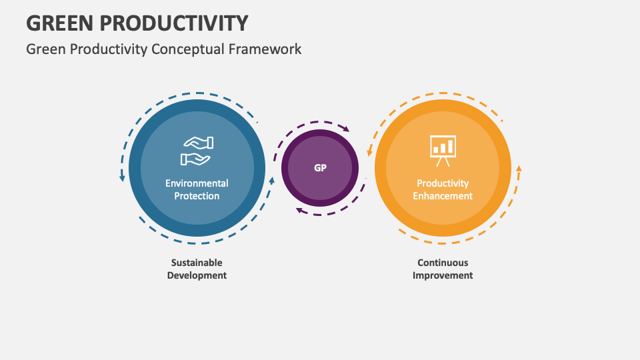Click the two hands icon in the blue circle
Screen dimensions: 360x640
(x=197, y=151)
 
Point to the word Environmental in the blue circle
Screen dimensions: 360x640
(x=197, y=183)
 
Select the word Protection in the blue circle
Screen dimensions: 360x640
(x=197, y=196)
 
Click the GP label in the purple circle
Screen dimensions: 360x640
(x=320, y=168)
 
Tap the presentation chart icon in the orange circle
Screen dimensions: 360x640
(x=443, y=151)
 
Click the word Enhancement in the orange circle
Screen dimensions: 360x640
(x=443, y=196)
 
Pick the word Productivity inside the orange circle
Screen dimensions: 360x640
(x=443, y=183)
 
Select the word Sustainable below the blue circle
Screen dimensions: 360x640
(x=197, y=263)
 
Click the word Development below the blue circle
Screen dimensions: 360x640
(x=197, y=275)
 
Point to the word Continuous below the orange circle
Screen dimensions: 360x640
(x=443, y=263)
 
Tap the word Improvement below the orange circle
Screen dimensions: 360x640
(x=443, y=275)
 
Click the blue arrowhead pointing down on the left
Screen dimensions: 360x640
(x=122, y=178)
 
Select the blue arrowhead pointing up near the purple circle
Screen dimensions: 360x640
(x=271, y=180)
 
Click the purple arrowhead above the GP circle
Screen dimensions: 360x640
(x=345, y=129)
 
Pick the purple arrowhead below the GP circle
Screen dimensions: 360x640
(x=299, y=211)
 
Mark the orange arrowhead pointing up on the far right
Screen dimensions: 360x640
(x=519, y=169)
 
